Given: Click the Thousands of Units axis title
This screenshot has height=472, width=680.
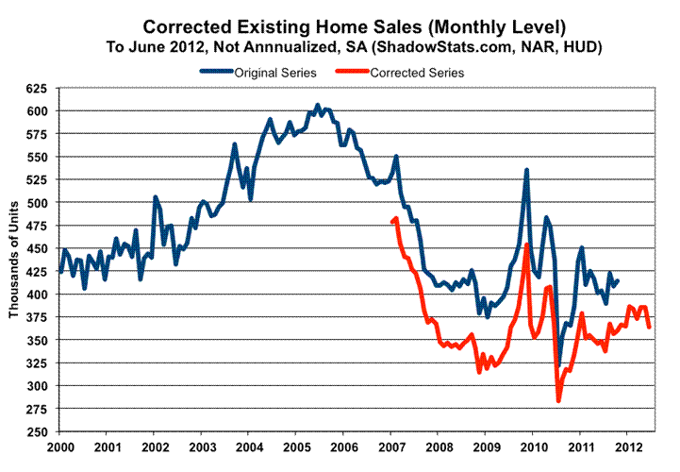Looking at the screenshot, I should click(15, 259).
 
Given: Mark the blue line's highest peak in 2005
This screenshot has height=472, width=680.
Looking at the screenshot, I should click(317, 105).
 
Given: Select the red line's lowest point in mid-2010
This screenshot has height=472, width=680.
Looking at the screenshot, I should click(558, 401).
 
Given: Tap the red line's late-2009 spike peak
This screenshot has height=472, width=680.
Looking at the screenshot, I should click(526, 244).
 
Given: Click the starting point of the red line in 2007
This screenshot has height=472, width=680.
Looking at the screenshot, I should click(391, 222).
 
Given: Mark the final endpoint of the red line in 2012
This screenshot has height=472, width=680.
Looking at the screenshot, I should click(649, 327).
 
